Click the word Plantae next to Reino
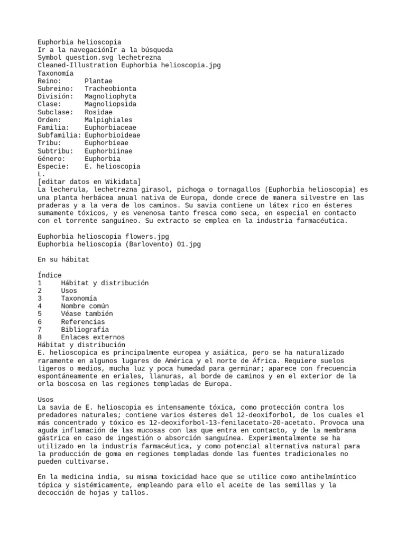[x=98, y=81]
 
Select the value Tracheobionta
[x=110, y=89]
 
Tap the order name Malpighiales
[x=108, y=120]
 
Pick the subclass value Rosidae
[x=98, y=112]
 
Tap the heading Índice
[x=50, y=275]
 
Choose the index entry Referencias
[x=82, y=321]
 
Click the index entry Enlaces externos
[x=93, y=337]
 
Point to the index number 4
[x=40, y=306]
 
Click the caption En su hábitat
[x=63, y=260]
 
